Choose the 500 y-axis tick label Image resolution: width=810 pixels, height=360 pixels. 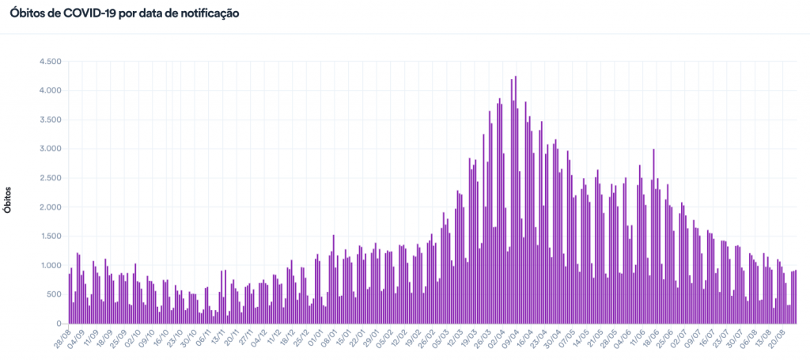click(x=55, y=294)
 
